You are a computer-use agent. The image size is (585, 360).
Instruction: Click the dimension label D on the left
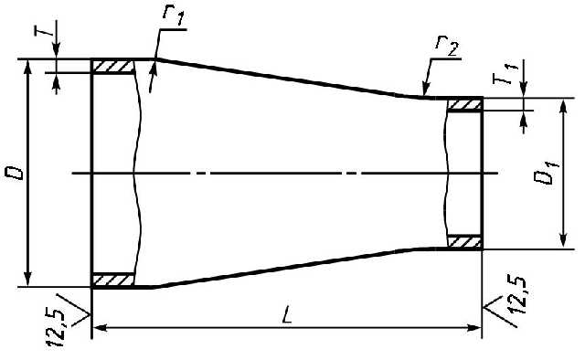point(14,174)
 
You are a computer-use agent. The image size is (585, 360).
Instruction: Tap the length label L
point(287,314)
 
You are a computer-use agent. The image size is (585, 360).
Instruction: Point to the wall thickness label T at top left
point(44,27)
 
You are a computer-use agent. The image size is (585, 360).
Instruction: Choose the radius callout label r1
point(174,16)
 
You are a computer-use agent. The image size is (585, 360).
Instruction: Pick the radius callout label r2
point(447,47)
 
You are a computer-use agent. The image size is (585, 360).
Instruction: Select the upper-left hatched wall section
point(113,67)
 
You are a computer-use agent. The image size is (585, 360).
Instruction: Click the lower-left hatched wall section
point(113,280)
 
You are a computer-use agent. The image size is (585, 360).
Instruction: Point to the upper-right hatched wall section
point(464,104)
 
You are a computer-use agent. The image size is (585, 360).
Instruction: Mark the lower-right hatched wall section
point(464,242)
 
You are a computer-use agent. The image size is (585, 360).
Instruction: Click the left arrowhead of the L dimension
point(99,327)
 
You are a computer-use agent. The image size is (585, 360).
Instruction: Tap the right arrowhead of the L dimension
point(474,327)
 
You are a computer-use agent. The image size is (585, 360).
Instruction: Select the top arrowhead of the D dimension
point(27,67)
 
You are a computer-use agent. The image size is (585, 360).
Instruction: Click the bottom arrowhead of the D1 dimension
point(564,240)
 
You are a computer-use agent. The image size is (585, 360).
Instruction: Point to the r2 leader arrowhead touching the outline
point(424,91)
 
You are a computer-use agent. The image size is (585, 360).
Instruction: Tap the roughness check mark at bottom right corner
point(499,312)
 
